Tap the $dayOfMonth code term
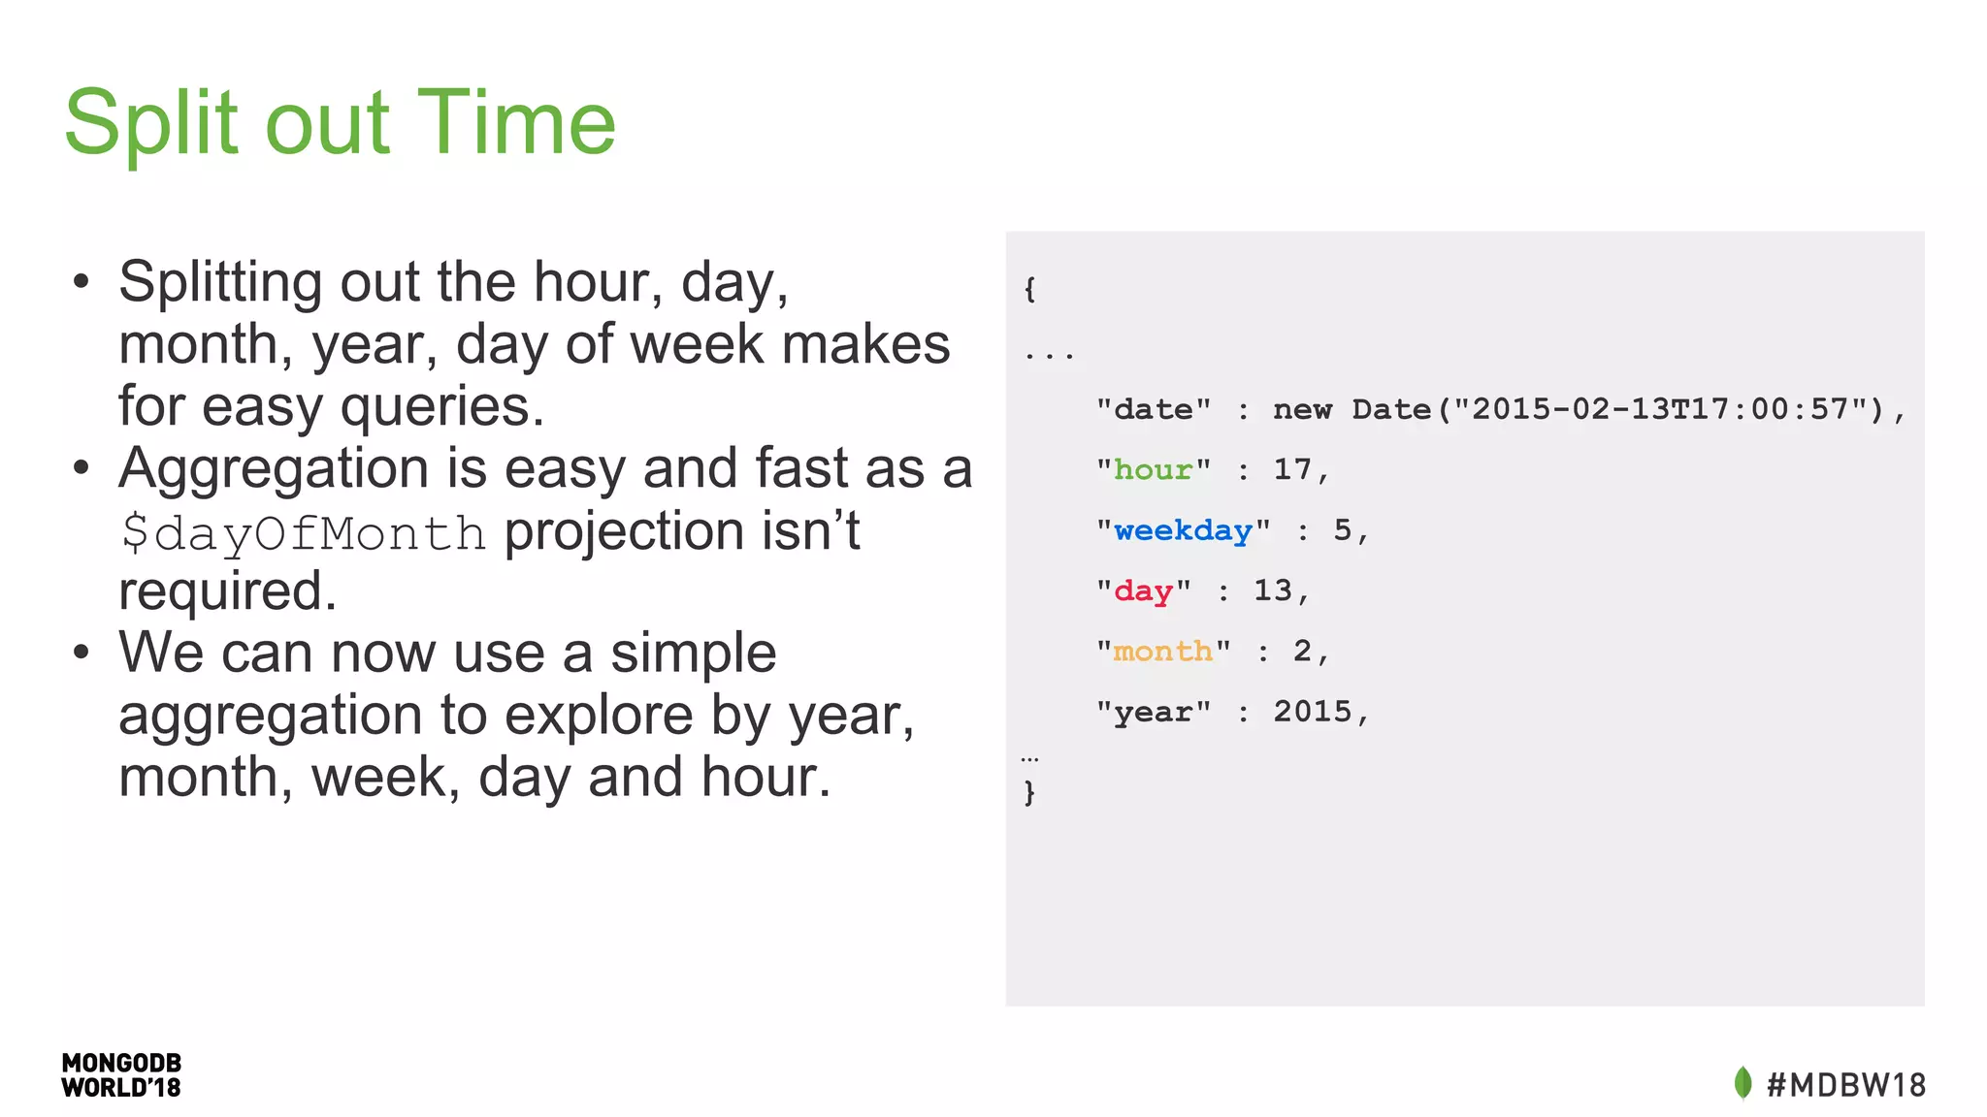tap(303, 533)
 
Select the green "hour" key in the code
tap(1153, 470)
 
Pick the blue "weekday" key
tap(1183, 530)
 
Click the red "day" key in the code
tap(1143, 590)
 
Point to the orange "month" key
tap(1162, 651)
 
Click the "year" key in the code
tap(1153, 712)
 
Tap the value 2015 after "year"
tap(1312, 712)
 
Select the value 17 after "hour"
tap(1292, 469)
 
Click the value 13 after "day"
tap(1273, 590)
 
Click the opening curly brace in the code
tap(1029, 288)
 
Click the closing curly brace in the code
tap(1029, 792)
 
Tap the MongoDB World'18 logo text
tap(121, 1075)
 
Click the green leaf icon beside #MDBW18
tap(1743, 1083)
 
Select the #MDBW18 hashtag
tap(1845, 1084)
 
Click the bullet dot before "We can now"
tap(81, 653)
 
